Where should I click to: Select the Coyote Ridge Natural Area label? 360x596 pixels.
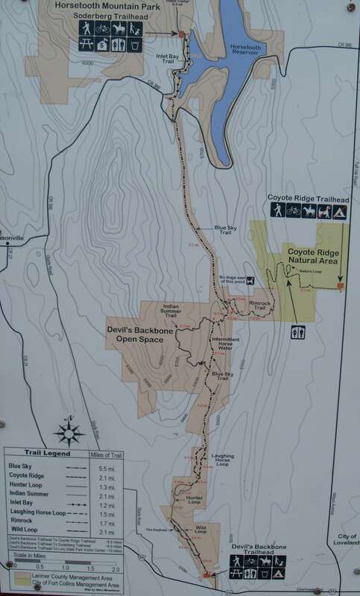click(x=313, y=258)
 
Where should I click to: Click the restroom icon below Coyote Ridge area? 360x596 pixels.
click(x=298, y=332)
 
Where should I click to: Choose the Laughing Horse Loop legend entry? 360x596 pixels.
click(x=37, y=513)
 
